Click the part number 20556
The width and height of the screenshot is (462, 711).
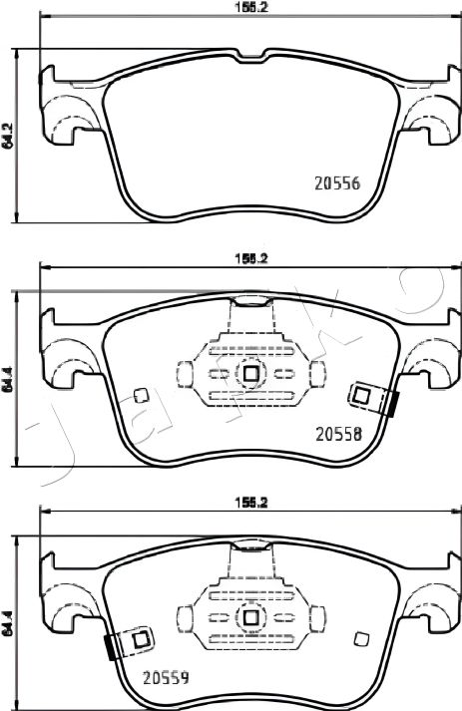[337, 183]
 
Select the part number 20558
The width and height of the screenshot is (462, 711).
[337, 434]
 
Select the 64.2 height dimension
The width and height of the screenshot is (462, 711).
[8, 137]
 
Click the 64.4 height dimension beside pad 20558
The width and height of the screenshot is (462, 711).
[8, 379]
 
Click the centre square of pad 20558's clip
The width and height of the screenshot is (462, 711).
[249, 374]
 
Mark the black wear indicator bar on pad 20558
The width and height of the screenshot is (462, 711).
[395, 405]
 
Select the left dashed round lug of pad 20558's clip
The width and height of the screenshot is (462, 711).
[184, 374]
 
